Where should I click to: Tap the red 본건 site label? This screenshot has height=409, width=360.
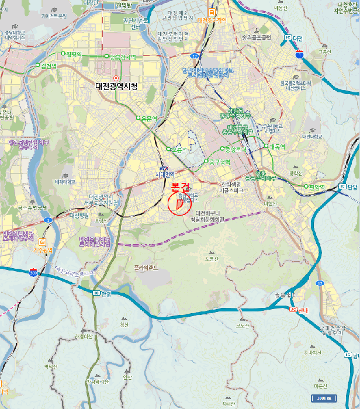point(181,188)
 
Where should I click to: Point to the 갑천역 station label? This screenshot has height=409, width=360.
point(48,65)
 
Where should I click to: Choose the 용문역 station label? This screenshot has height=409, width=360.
point(150,118)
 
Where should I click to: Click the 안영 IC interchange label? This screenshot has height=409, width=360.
point(102,293)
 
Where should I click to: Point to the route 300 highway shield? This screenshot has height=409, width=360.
point(33,272)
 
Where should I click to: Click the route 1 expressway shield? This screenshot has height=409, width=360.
point(300,54)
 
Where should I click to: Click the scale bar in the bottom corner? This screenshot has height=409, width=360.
point(323,398)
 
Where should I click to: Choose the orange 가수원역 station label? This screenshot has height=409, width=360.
point(43,249)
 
